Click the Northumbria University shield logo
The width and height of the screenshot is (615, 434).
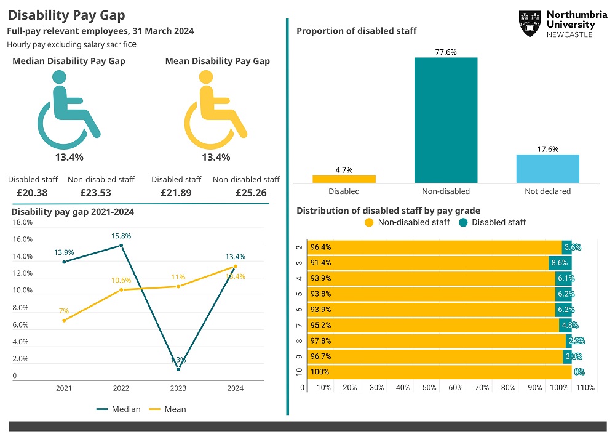[x=530, y=23]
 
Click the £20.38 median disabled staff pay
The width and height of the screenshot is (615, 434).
[x=33, y=193]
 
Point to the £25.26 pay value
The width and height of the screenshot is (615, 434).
[x=251, y=193]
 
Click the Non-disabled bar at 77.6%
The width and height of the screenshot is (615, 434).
[x=445, y=120]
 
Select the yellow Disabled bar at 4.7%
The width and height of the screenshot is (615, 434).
[x=344, y=179]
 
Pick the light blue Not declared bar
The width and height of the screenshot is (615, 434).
[x=547, y=169]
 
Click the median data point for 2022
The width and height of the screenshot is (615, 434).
[x=121, y=246]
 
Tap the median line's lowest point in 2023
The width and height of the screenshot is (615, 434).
[x=178, y=369]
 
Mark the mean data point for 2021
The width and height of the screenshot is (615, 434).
[x=64, y=320]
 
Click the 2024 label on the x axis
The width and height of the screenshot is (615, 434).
[x=235, y=388]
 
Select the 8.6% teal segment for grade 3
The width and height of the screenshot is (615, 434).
[x=560, y=263]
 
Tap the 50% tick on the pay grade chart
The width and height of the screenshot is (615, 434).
[x=429, y=388]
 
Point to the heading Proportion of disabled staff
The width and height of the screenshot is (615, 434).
[x=356, y=31]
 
